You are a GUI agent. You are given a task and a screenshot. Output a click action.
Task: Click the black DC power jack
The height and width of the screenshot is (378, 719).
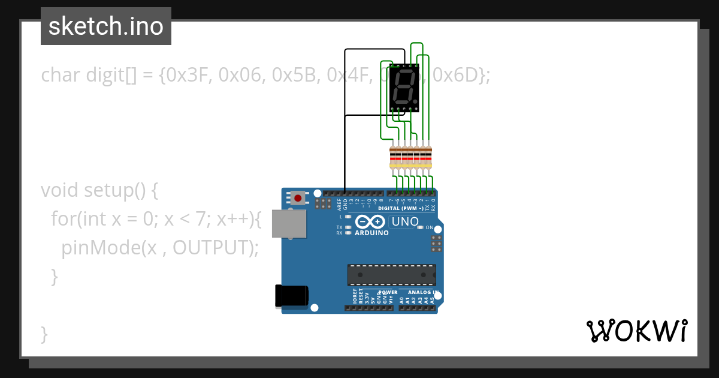pos(291,296)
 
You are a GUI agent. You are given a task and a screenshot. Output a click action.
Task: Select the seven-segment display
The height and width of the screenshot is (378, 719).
pos(404,89)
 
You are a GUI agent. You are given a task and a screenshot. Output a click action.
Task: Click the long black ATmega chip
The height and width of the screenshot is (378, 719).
pos(391,274)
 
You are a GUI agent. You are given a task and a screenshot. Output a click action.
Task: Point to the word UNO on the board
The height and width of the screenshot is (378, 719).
pos(405,221)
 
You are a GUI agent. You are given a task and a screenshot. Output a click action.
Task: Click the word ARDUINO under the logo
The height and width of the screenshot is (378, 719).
pos(371,233)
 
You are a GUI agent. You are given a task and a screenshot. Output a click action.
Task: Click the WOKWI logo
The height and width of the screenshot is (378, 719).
pos(637,331)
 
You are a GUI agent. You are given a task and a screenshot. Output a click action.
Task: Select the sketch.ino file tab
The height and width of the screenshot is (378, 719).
pos(106,26)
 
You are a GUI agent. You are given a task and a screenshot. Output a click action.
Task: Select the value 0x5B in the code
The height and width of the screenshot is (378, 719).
pos(296,75)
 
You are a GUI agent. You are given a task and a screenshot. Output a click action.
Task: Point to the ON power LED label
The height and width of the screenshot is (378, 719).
pos(429,227)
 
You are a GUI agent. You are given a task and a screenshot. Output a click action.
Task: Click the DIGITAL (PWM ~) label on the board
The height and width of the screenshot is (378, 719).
pos(401,208)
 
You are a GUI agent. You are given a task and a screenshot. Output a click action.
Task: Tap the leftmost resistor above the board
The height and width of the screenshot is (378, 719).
pos(393,157)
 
